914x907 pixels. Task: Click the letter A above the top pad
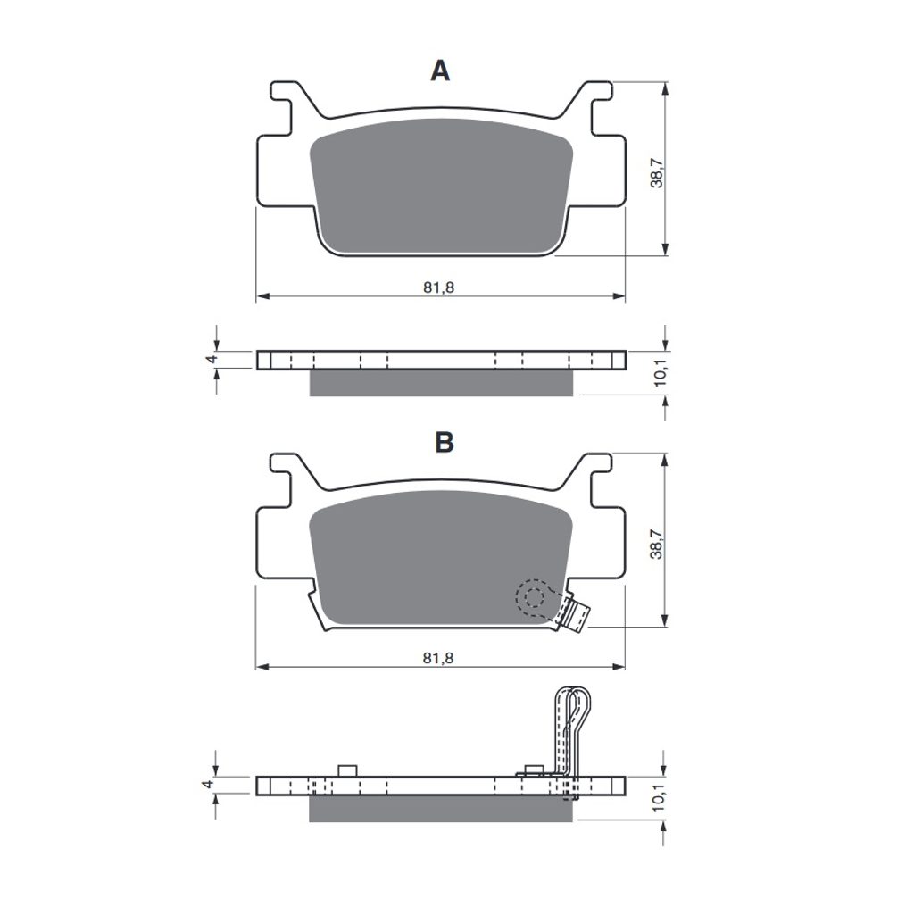coord(440,71)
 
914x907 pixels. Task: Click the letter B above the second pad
coord(445,443)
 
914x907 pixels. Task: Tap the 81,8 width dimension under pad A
coord(438,287)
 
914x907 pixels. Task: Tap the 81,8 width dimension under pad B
coord(438,658)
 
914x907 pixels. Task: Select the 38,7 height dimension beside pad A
coord(657,173)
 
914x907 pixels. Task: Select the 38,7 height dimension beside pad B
coord(657,545)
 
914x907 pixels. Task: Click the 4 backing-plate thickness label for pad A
coord(212,359)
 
